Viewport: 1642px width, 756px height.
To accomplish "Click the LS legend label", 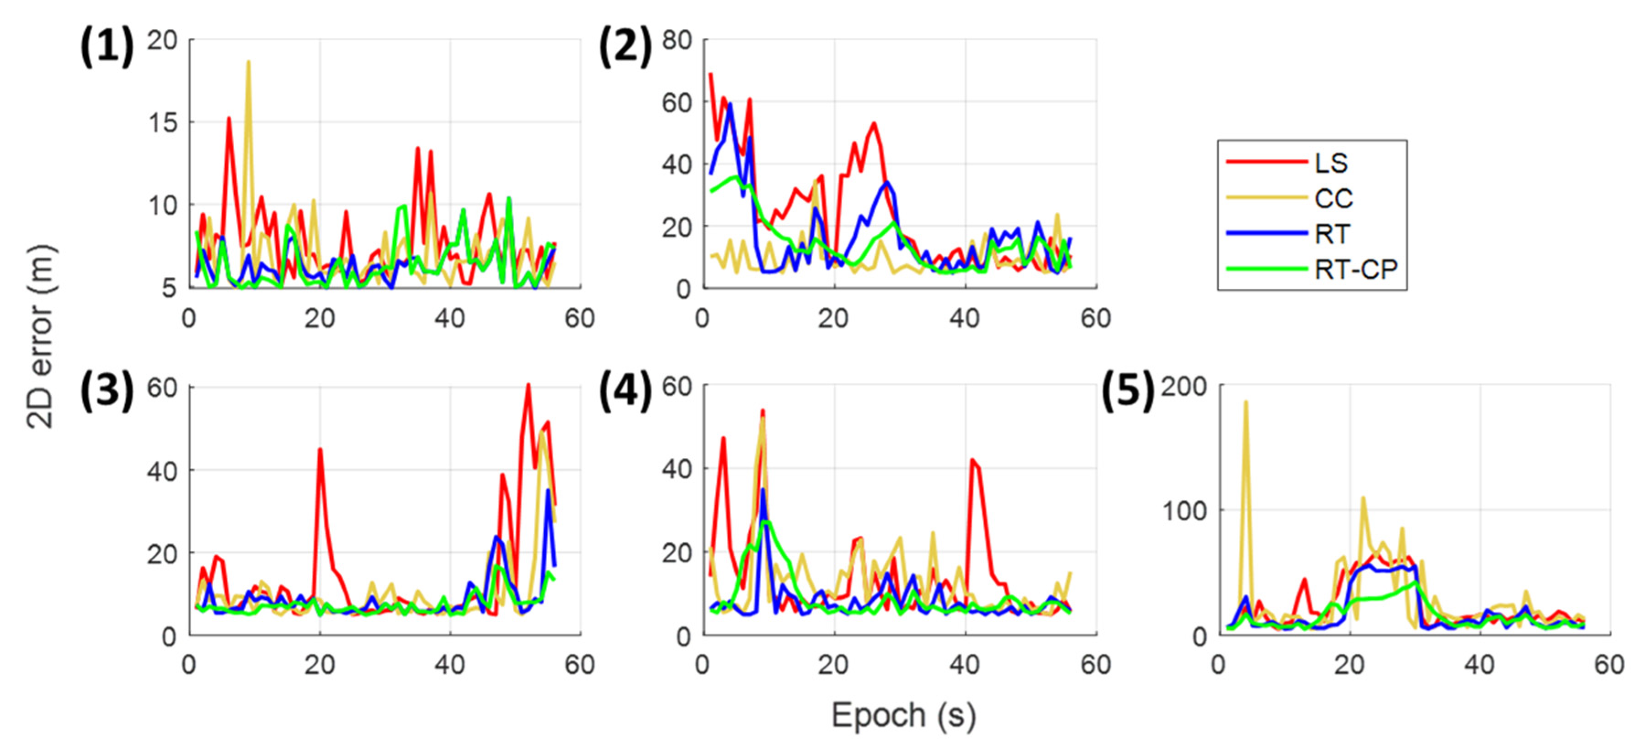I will pos(1331,163).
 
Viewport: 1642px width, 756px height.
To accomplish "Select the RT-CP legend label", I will pos(1355,270).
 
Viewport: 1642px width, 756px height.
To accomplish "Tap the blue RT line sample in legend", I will pos(1266,234).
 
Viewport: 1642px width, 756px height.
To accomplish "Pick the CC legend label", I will pos(1333,199).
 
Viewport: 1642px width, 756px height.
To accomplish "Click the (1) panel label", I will pos(107,47).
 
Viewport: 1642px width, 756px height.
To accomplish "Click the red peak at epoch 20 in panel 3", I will pos(320,449).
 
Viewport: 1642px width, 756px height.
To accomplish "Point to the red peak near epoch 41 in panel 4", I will pos(971,459).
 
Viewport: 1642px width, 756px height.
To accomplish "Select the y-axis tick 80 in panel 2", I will pos(676,40).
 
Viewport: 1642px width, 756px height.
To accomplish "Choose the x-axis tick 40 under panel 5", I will pos(1479,664).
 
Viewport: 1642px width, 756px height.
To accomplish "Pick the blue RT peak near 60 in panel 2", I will pos(729,105).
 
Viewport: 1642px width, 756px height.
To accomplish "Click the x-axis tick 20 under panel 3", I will pos(320,664).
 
